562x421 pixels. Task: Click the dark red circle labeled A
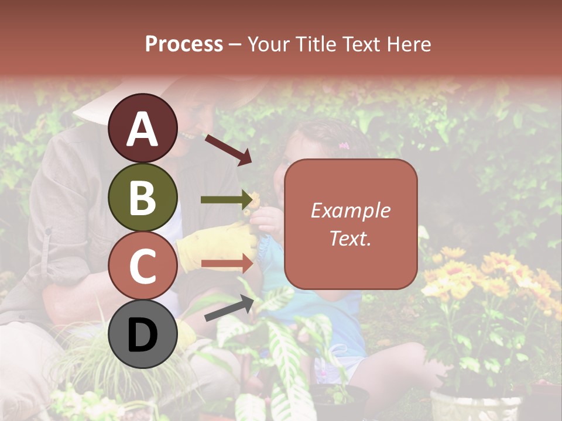click(143, 128)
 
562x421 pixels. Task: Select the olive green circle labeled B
click(143, 197)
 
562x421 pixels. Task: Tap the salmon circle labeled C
click(143, 265)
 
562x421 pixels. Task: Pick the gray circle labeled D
click(143, 334)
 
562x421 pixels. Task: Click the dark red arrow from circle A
click(228, 149)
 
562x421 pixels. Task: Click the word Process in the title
click(184, 44)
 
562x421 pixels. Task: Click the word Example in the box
click(350, 211)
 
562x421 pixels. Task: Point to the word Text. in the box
click(350, 238)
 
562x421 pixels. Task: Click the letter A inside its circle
click(143, 129)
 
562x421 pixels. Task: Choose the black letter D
click(143, 335)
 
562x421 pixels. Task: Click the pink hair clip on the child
click(344, 145)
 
